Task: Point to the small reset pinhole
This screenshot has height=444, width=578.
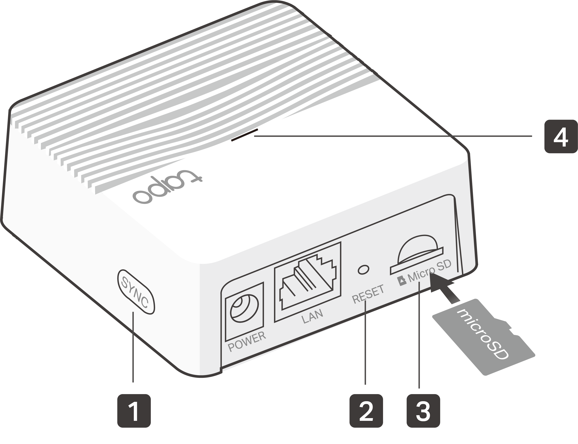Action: [363, 270]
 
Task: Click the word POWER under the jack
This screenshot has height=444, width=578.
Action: [247, 342]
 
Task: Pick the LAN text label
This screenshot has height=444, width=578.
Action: [312, 316]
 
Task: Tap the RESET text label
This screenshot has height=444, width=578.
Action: [368, 294]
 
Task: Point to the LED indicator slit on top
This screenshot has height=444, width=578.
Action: [244, 135]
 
